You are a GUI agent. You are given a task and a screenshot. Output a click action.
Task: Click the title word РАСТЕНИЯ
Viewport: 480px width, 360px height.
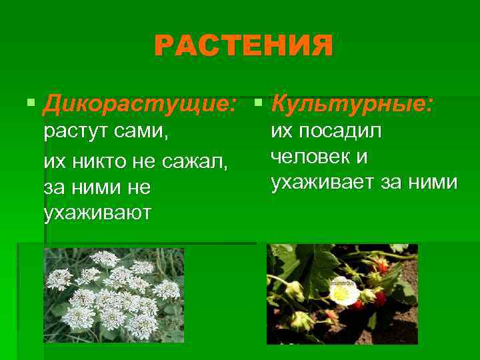click(243, 47)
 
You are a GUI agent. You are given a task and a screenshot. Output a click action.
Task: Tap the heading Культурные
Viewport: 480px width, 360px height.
click(354, 103)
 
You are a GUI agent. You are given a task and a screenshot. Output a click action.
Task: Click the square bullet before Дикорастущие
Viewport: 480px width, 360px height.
click(30, 104)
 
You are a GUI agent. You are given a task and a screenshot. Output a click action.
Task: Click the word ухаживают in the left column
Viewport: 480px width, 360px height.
click(97, 213)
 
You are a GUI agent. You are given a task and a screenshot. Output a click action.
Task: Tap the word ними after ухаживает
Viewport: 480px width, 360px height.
click(435, 181)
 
